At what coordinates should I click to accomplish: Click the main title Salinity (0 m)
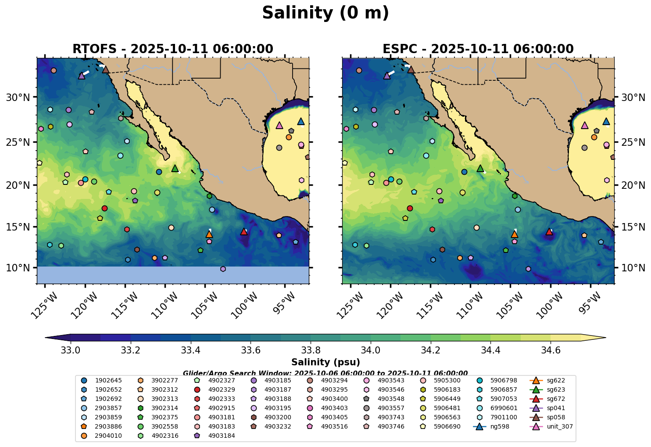click(x=325, y=13)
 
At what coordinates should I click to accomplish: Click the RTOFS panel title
click(x=172, y=49)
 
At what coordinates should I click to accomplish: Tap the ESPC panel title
click(x=478, y=49)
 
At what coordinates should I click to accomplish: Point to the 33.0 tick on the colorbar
click(x=70, y=350)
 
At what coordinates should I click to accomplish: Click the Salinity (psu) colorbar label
click(x=325, y=362)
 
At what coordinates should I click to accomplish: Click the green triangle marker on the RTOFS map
click(x=175, y=168)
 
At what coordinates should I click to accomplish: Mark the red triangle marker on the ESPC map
click(x=549, y=231)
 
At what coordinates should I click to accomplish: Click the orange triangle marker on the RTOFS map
click(x=209, y=234)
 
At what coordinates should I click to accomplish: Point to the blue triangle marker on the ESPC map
click(x=606, y=122)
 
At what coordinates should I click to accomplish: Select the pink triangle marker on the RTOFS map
click(x=279, y=125)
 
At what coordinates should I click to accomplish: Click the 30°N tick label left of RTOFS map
click(x=18, y=97)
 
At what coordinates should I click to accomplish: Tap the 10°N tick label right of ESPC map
click(x=633, y=268)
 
